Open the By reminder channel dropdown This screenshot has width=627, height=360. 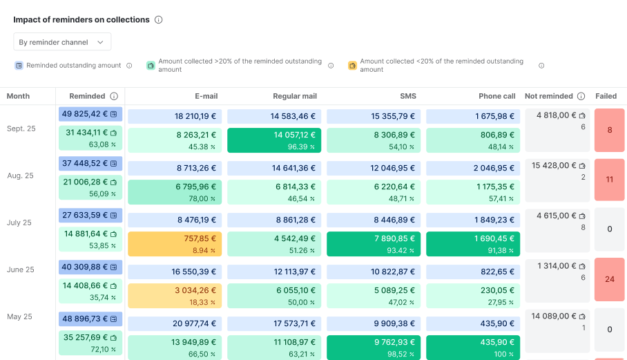tap(62, 42)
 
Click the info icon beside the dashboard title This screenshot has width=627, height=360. tap(158, 20)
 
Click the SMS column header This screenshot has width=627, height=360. tap(408, 96)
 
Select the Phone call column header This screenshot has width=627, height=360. tap(496, 96)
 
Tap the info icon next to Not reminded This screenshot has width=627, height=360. tap(581, 96)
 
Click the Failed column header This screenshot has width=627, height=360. tap(606, 96)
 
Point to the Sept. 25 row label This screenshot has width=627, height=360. tap(21, 129)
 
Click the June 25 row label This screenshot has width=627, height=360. tap(21, 269)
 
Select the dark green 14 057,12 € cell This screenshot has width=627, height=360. tap(274, 140)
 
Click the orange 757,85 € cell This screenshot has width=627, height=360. tap(175, 244)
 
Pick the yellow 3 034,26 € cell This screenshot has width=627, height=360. tap(175, 296)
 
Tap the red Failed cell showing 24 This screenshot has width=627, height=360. tap(609, 280)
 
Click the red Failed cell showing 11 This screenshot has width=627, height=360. tap(609, 180)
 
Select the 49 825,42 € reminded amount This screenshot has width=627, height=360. tap(90, 114)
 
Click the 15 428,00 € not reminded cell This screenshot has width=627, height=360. tap(559, 171)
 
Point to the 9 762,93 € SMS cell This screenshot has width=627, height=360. tap(374, 348)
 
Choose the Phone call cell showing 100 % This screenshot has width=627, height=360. tap(473, 348)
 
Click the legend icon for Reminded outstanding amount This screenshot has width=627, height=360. tap(20, 66)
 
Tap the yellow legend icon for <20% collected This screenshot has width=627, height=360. tap(352, 66)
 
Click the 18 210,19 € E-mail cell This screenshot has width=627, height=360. tap(175, 116)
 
